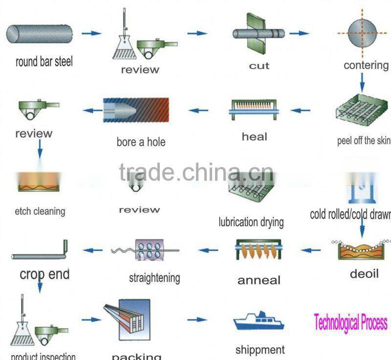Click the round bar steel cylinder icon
click(39, 33)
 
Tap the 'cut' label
click(259, 66)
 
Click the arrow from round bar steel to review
click(91, 33)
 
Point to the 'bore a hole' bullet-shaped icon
click(136, 110)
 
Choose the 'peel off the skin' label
click(364, 141)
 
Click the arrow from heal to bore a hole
click(198, 110)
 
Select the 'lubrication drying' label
click(251, 222)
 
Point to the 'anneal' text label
click(259, 280)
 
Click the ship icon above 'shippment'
click(259, 321)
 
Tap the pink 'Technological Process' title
click(350, 322)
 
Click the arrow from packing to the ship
click(197, 320)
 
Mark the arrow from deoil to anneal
click(311, 251)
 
